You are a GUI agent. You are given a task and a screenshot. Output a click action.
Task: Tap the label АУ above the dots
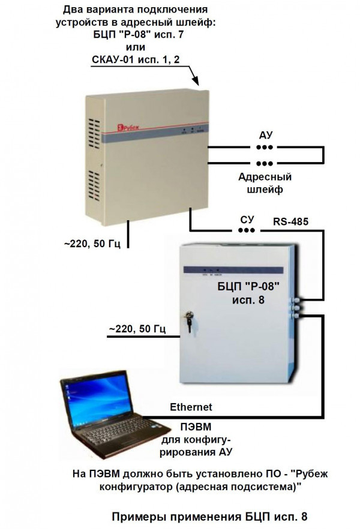tap(265, 136)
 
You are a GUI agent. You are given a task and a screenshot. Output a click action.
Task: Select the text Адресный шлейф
tap(265, 183)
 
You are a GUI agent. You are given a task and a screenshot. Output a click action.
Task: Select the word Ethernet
tap(191, 407)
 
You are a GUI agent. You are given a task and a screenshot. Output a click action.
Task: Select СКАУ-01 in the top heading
tap(123, 59)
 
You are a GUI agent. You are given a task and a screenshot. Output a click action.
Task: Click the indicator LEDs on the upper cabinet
tap(191, 128)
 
